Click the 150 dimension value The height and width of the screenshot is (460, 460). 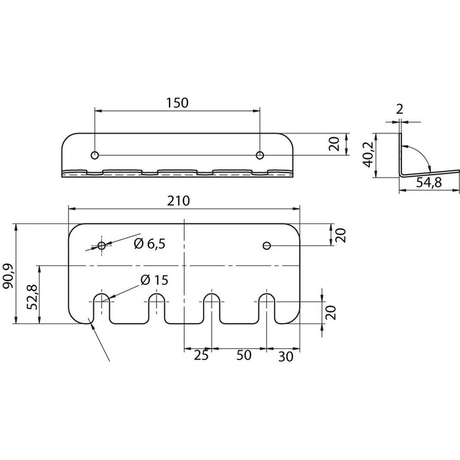point(177,103)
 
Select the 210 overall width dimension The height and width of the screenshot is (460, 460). point(178,201)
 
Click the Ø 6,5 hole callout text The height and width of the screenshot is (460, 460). point(150,244)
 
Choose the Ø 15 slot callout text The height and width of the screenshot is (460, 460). point(154,280)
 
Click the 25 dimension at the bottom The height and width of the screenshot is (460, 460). point(201,356)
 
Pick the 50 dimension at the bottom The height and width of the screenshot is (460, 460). point(244,355)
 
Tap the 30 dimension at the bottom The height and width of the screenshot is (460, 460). point(286,356)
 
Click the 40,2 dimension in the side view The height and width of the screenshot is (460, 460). point(369,154)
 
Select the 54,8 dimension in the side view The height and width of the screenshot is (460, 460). point(429,183)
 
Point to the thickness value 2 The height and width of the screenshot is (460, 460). point(400,110)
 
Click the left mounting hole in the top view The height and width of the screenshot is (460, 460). point(95,155)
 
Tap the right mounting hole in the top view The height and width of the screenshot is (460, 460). point(260,155)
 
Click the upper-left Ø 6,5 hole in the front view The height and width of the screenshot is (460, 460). point(102,246)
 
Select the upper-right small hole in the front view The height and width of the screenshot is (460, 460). point(267,246)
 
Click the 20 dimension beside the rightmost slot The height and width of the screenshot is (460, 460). point(331,312)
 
